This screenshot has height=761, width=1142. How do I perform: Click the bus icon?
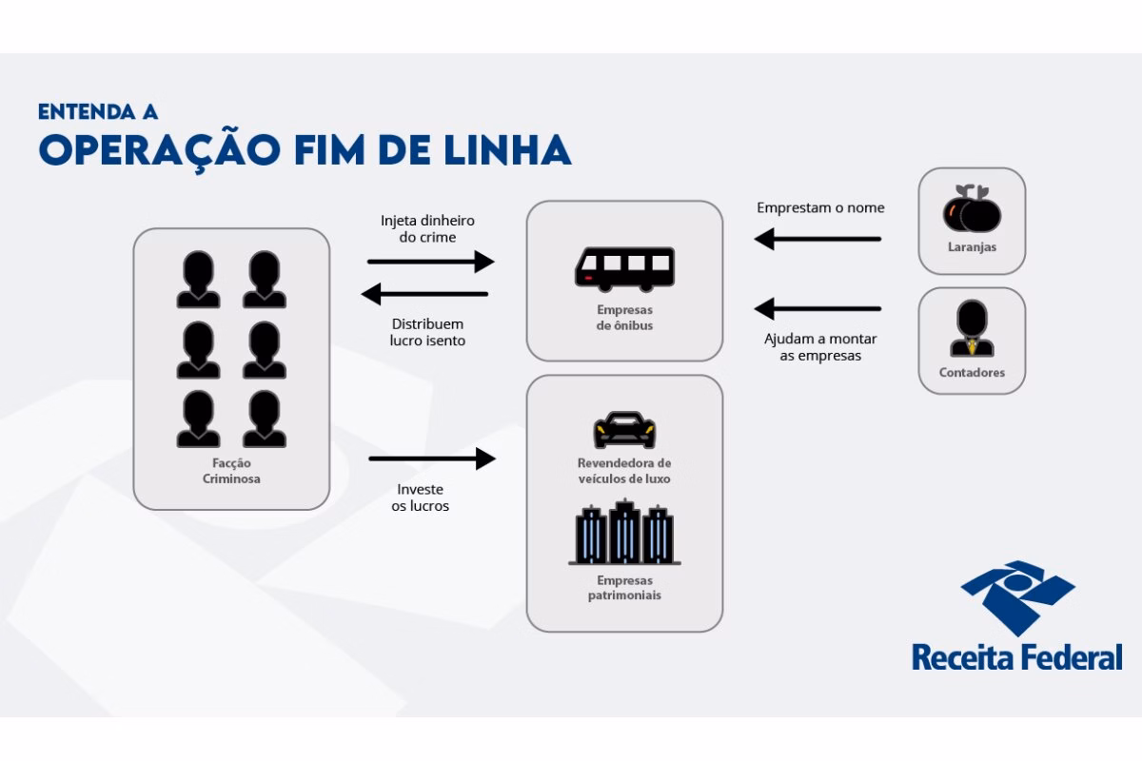[624, 269]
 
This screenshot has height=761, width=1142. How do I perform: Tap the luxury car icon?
[624, 430]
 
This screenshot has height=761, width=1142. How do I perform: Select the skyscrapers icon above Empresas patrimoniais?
[624, 532]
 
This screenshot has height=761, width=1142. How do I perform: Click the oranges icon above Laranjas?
[972, 208]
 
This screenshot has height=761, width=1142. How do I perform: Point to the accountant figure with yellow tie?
[972, 329]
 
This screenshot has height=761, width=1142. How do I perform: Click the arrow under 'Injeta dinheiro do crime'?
[431, 262]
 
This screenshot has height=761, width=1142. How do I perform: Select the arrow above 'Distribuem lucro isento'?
[424, 294]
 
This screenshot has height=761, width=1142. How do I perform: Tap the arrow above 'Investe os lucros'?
[432, 459]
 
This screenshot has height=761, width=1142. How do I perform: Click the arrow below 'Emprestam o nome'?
[817, 239]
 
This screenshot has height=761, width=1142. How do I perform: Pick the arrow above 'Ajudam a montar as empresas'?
[817, 309]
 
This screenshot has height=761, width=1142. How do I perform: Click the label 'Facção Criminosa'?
[231, 471]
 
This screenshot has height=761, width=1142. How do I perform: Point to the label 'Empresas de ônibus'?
[624, 318]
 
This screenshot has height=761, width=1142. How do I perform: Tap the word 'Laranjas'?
[972, 247]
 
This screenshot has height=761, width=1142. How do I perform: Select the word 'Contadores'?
[972, 373]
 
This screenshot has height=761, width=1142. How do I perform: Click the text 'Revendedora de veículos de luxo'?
[624, 471]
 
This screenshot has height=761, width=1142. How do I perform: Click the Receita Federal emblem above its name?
[1017, 598]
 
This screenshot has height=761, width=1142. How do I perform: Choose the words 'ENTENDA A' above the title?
[98, 112]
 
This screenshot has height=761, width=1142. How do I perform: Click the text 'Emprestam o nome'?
[820, 208]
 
